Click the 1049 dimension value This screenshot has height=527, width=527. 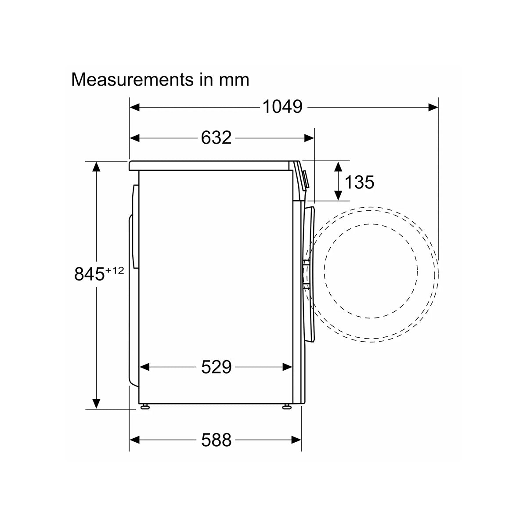click(282, 107)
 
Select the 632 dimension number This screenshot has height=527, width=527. click(216, 137)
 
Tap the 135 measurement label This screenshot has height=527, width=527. click(359, 182)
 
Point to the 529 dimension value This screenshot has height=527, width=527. click(216, 367)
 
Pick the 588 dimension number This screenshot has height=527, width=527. click(216, 440)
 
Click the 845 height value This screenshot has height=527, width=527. click(90, 274)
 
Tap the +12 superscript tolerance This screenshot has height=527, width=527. click(115, 270)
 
